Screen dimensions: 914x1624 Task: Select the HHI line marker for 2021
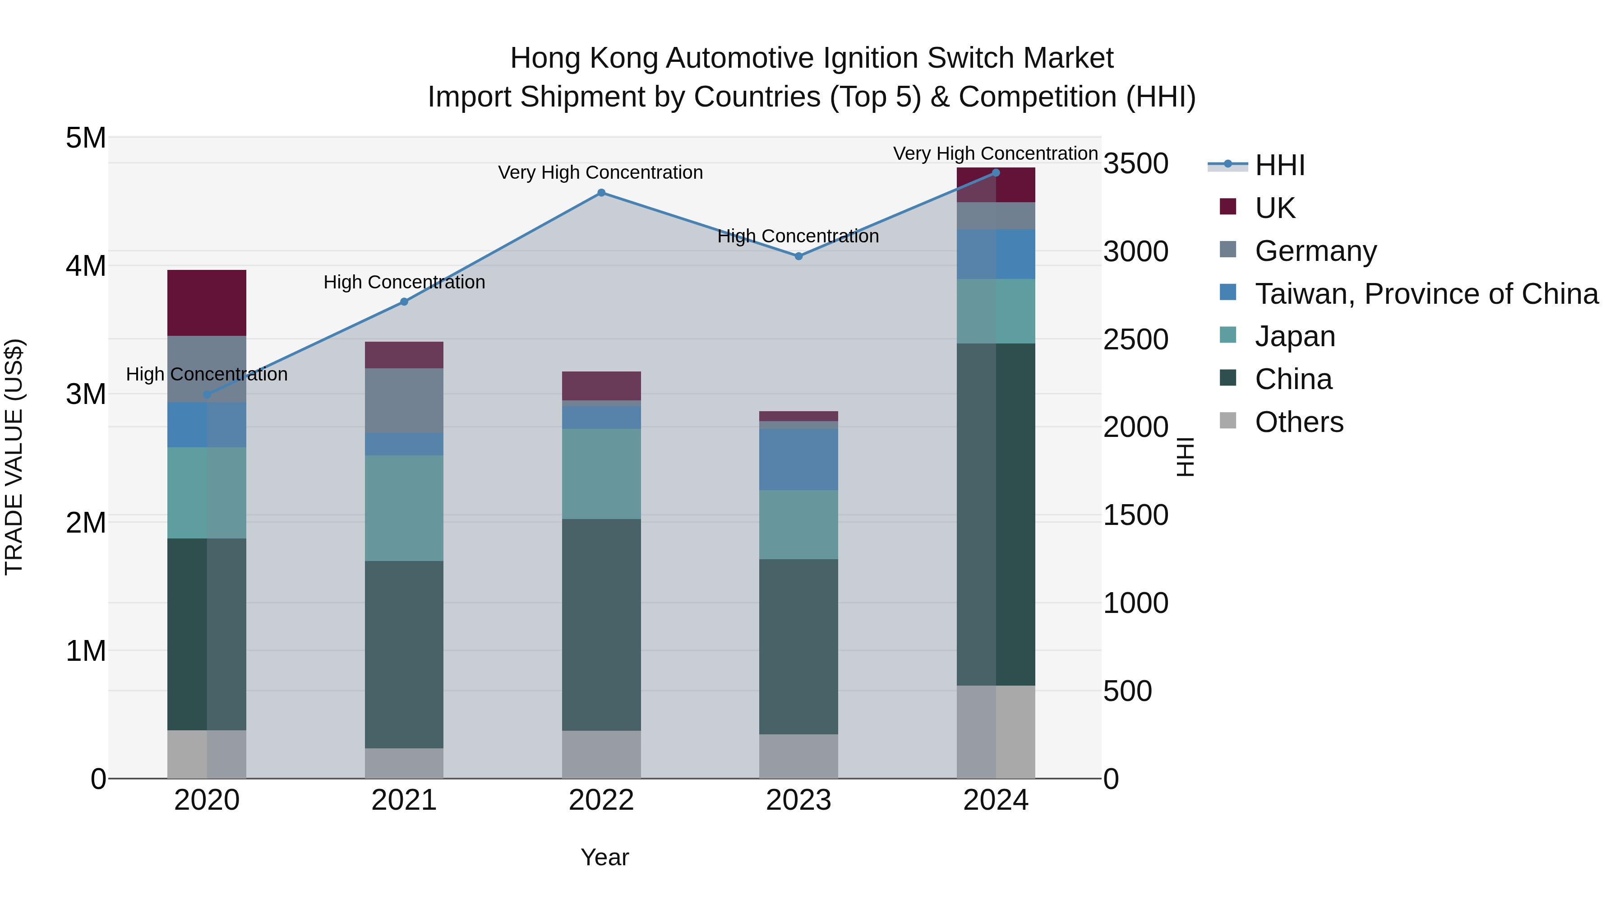coord(404,302)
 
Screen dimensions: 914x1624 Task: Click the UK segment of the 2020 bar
coord(207,303)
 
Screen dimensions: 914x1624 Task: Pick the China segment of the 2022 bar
coord(601,625)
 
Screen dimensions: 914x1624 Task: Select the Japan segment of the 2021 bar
coord(404,508)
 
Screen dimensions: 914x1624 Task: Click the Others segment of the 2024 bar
coord(996,732)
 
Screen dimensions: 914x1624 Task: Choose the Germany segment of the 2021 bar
coord(404,400)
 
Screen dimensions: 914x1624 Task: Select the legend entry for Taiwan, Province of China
coord(1426,294)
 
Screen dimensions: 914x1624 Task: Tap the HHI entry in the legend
coord(1279,165)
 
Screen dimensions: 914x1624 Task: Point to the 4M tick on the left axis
coord(86,265)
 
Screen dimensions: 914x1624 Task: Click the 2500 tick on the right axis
coord(1135,339)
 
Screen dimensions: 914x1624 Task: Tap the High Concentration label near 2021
coord(404,282)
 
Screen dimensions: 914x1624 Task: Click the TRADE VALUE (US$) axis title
coord(14,457)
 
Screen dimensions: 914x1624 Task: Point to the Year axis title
coord(604,857)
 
